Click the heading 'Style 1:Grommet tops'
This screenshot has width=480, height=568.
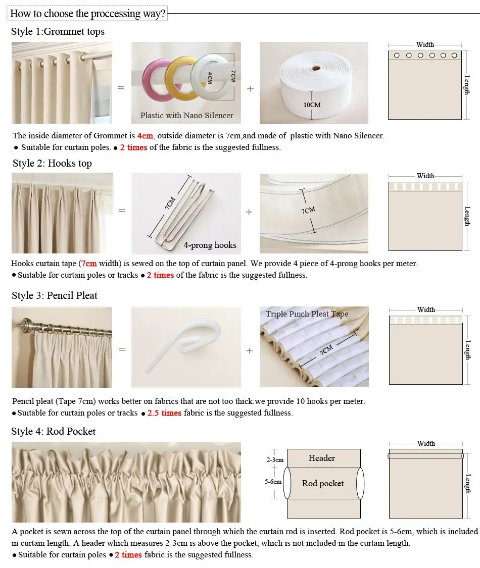click(58, 31)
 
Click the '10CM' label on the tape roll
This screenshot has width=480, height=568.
click(312, 105)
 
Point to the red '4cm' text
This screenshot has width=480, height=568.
click(145, 136)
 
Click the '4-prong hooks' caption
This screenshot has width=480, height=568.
click(210, 245)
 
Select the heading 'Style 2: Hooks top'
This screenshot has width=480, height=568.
click(52, 163)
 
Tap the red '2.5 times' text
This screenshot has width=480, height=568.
click(164, 413)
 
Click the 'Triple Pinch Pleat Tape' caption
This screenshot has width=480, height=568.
click(307, 314)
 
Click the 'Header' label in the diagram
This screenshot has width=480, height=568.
click(322, 458)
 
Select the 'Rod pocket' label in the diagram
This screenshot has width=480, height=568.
click(323, 484)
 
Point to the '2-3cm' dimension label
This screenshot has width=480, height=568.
click(275, 460)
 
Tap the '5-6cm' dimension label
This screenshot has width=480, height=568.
click(273, 482)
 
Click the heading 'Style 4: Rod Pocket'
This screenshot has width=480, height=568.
click(53, 431)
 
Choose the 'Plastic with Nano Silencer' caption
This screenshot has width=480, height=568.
click(186, 116)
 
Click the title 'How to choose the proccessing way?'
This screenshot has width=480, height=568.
click(87, 14)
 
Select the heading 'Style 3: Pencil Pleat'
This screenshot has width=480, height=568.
click(55, 295)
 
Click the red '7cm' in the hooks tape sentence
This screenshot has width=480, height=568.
click(89, 264)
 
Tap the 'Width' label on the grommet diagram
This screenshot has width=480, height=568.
click(425, 45)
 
